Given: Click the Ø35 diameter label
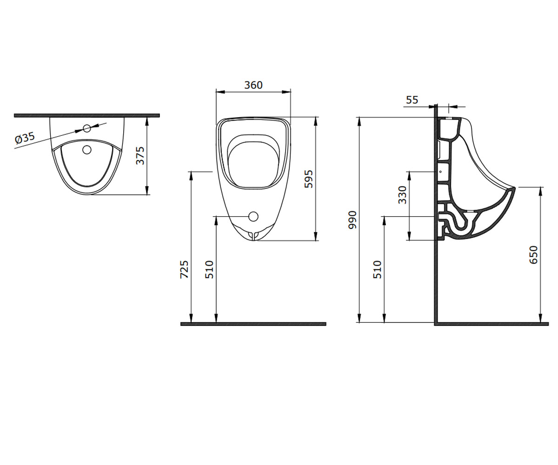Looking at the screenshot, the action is [x=25, y=138].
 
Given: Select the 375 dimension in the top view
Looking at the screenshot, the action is [x=140, y=155].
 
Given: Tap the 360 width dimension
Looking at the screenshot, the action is [x=253, y=85].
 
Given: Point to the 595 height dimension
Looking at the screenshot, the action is [x=309, y=179].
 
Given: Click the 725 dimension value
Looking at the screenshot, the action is [x=185, y=269].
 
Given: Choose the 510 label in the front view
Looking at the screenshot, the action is [x=210, y=269].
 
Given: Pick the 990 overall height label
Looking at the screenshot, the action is [x=352, y=220].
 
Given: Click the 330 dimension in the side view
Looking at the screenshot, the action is [x=402, y=195].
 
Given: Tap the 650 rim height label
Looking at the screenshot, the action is [x=534, y=255].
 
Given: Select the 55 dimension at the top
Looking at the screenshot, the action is [x=412, y=100].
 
